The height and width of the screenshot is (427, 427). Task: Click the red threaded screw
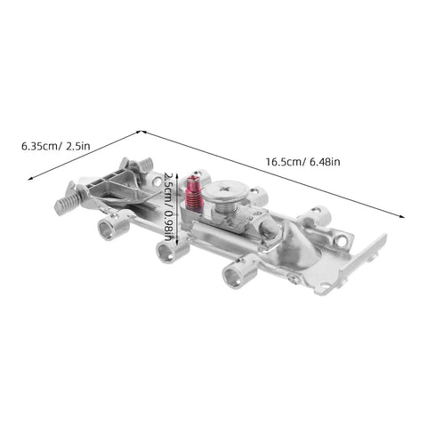(x=194, y=193)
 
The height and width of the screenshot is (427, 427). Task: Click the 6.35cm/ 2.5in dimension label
(x=56, y=146)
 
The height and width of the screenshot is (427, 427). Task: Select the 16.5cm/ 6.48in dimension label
(x=302, y=162)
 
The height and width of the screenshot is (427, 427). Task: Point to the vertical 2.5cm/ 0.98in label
(x=169, y=207)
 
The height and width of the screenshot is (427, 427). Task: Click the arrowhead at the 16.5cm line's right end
(x=402, y=216)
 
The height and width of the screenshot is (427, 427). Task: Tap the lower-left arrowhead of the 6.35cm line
(x=30, y=178)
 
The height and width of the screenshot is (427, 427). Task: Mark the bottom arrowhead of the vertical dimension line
(x=177, y=243)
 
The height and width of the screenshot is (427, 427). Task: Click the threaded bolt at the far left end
(x=66, y=203)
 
